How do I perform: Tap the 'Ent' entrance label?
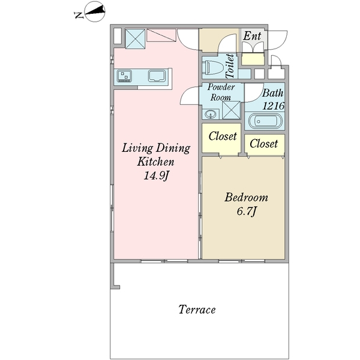tap(252, 36)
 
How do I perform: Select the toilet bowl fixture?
tap(212, 67)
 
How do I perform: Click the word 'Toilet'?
tap(230, 66)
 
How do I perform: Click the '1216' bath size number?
tap(274, 106)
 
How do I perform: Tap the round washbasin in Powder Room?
tap(211, 114)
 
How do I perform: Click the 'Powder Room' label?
tap(221, 92)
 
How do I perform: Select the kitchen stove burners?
tap(124, 76)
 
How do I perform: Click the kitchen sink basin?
tap(157, 76)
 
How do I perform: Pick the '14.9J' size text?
tap(157, 176)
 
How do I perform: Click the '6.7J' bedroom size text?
tap(246, 211)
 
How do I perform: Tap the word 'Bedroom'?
tap(246, 197)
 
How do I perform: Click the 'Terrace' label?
tap(197, 310)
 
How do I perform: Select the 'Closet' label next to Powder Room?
tap(223, 136)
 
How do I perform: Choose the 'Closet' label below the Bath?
tap(263, 144)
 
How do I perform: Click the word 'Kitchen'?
tap(155, 161)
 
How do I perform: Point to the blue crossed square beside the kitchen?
tap(135, 39)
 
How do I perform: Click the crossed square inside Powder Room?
tap(231, 110)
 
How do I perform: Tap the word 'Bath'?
tap(272, 93)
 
